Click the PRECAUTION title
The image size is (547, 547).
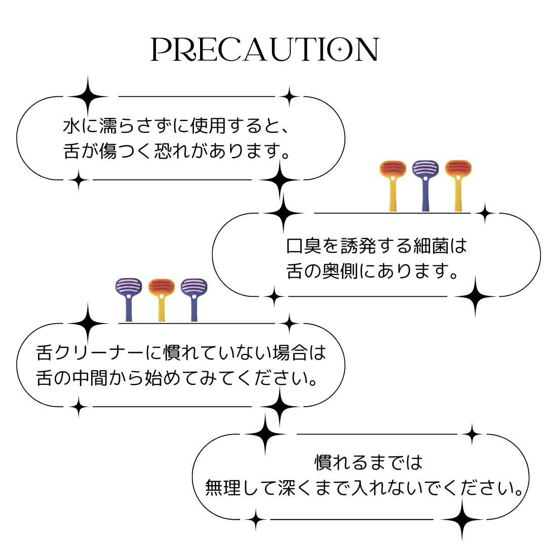265,50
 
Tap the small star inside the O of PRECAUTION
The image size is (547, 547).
340,50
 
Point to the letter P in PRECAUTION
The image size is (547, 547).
162,50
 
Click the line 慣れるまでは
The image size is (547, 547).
368,462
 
